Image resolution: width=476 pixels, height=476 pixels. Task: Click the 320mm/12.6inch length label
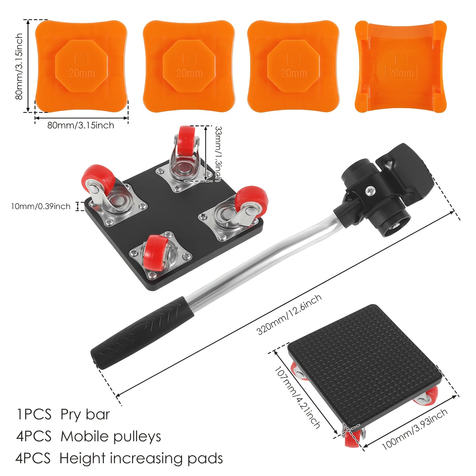289,315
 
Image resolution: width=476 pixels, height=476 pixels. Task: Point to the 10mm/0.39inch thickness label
41,207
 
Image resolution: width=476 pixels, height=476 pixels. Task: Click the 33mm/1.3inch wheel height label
218,154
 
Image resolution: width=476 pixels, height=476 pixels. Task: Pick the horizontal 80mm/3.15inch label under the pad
81,126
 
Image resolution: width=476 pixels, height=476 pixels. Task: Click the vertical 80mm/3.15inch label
19,66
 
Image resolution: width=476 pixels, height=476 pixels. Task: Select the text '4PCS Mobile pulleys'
89,436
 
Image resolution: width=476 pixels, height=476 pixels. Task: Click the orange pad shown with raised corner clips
401,67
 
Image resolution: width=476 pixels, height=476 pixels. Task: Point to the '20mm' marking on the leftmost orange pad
82,73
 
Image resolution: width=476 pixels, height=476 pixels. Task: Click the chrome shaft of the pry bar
264,257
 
